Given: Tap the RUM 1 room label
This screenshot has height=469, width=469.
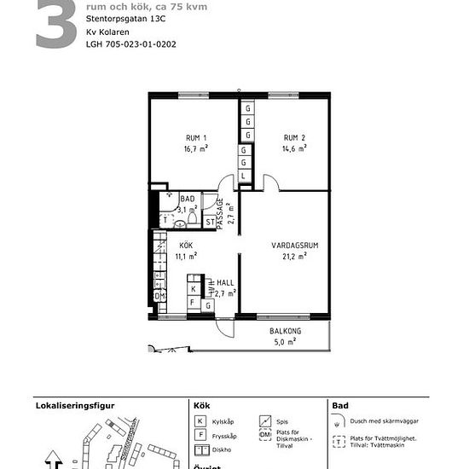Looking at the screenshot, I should [x=196, y=137].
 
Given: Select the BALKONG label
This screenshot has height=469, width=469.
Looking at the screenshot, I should [x=285, y=331].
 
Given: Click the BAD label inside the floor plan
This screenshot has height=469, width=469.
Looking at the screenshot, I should [x=188, y=199].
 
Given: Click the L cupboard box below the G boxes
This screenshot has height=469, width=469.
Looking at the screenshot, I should [x=244, y=176].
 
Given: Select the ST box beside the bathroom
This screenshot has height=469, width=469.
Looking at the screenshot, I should [x=210, y=223].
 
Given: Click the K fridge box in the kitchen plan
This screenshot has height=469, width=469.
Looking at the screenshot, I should [x=194, y=289].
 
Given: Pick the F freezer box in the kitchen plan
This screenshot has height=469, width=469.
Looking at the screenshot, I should [x=193, y=302].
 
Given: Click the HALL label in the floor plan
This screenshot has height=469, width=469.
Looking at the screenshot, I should [x=225, y=282].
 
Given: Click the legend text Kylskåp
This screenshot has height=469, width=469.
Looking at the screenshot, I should [x=223, y=422].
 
